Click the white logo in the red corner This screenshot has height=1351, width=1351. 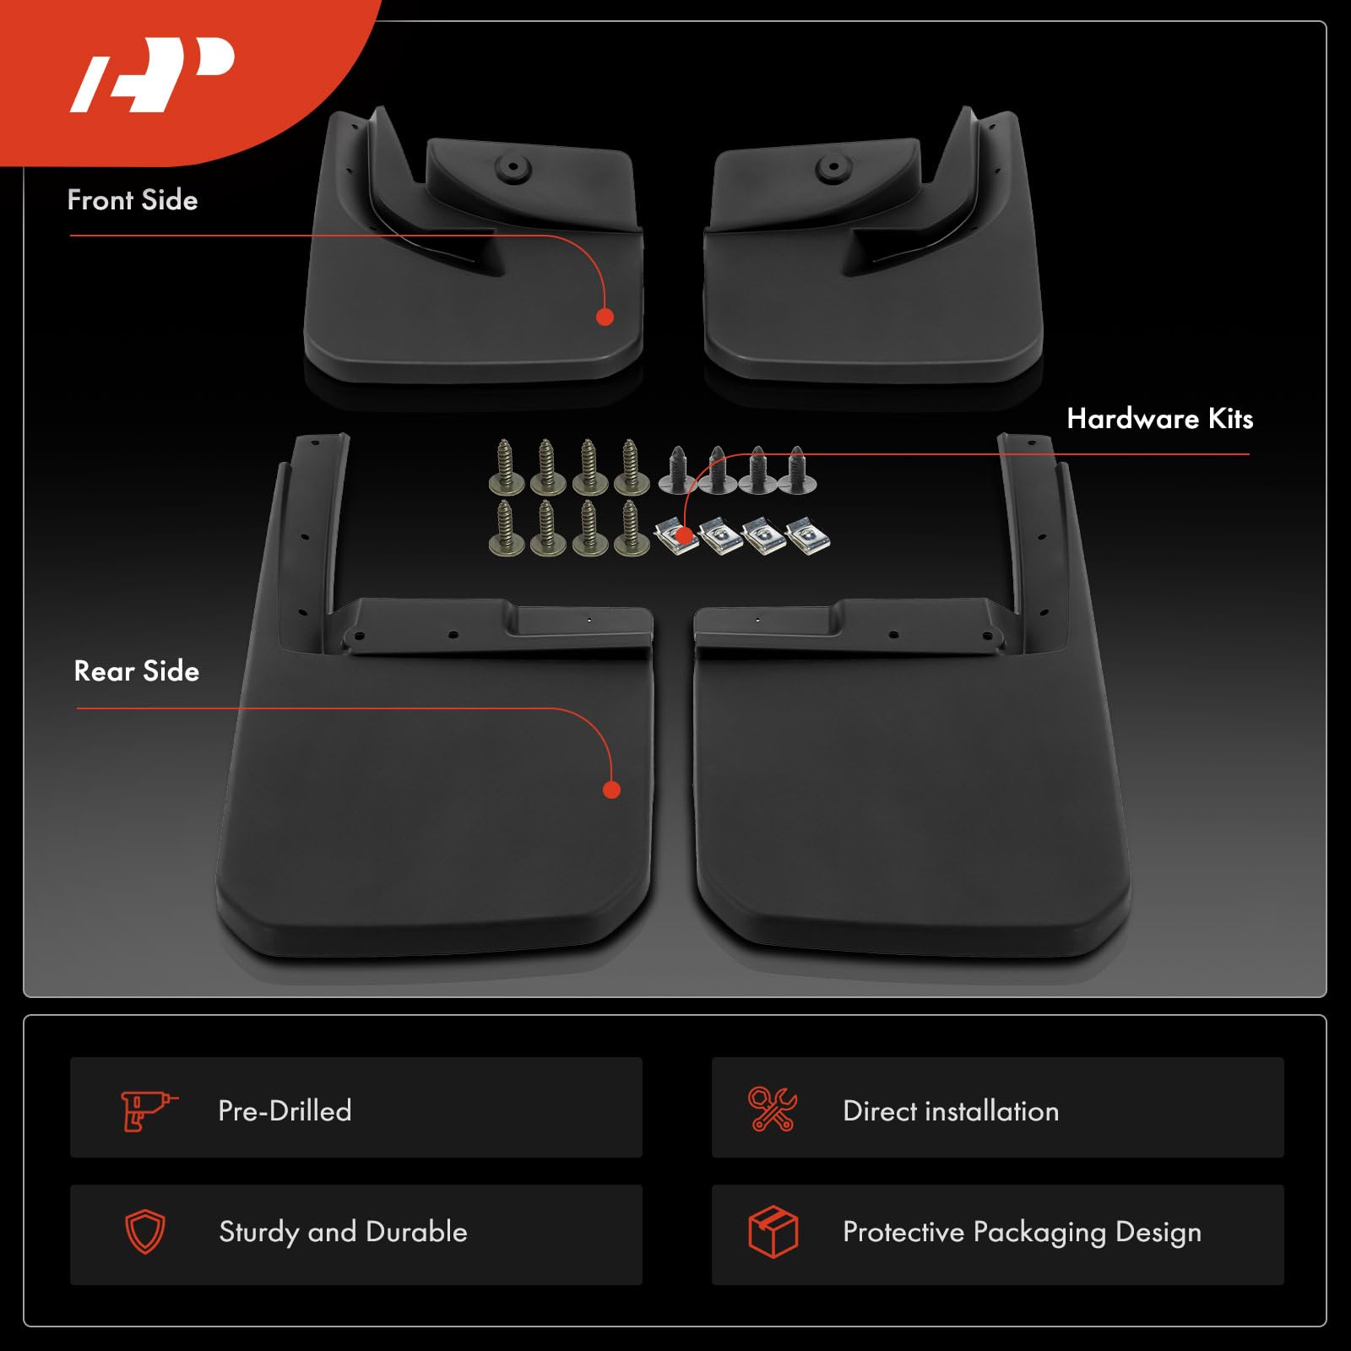click(152, 74)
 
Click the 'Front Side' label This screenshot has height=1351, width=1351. click(133, 200)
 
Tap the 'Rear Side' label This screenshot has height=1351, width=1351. click(137, 671)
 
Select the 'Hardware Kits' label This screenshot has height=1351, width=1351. click(1159, 419)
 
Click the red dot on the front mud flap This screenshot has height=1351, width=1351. click(605, 317)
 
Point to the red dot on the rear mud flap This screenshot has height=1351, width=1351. click(612, 789)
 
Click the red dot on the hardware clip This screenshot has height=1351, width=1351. click(684, 534)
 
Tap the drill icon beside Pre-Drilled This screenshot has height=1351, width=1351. click(148, 1110)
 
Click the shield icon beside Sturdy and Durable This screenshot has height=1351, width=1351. click(145, 1232)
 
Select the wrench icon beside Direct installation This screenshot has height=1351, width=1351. click(772, 1110)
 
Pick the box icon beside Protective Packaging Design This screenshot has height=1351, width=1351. click(773, 1232)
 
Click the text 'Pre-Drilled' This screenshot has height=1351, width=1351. click(285, 1110)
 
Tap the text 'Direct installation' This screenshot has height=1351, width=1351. click(951, 1111)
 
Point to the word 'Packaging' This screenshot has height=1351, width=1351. click(1039, 1233)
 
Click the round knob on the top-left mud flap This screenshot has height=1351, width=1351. click(511, 169)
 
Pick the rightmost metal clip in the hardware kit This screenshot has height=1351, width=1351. click(808, 536)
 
